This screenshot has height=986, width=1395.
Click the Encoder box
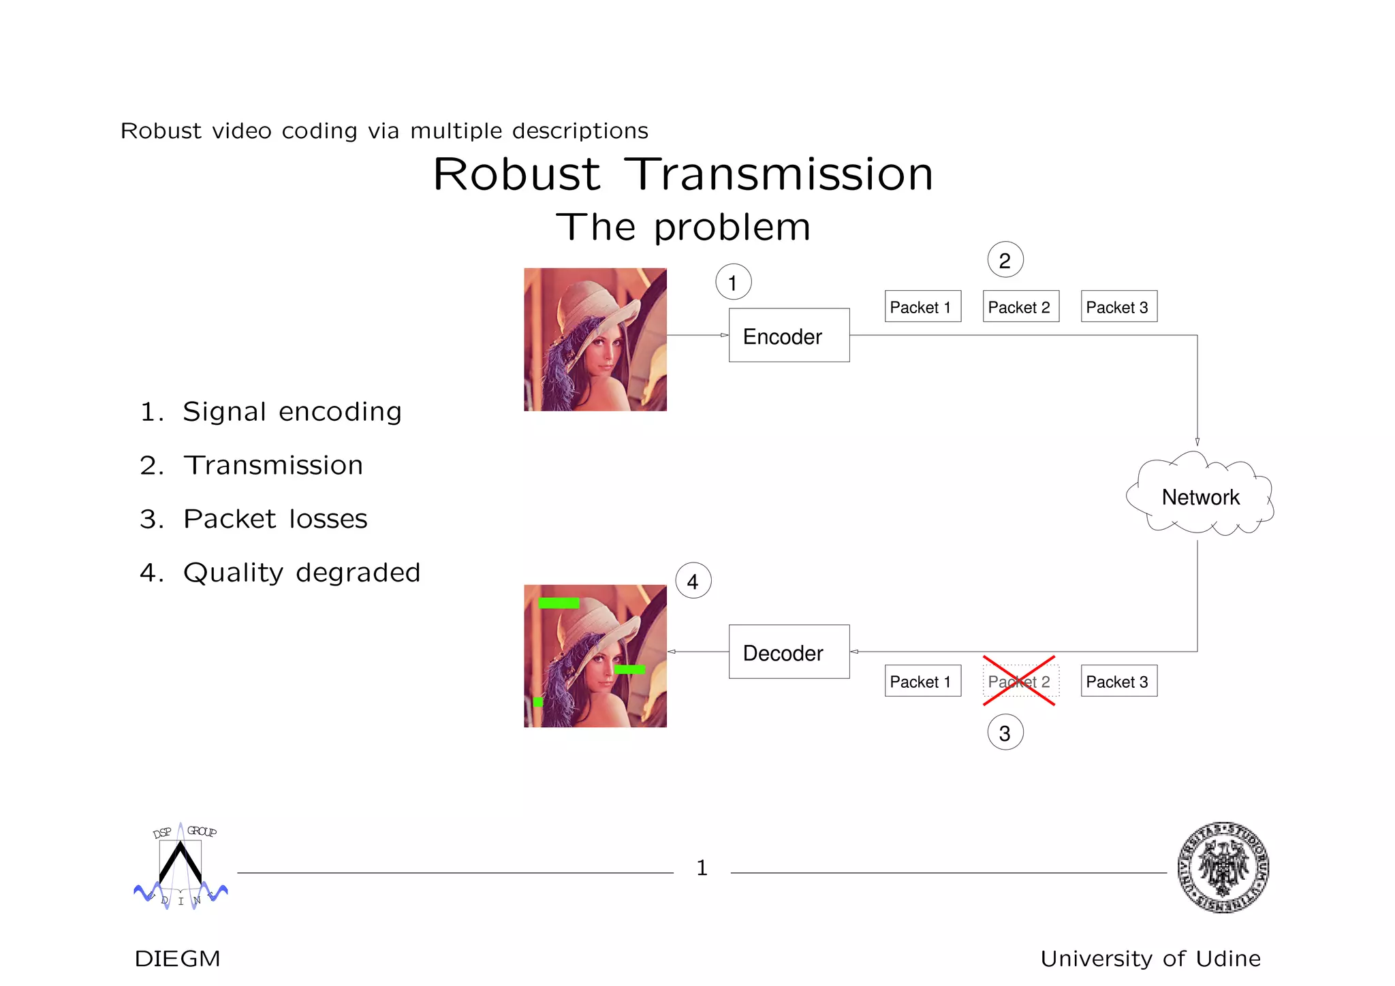pos(789,335)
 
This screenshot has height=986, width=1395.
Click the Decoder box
pos(789,652)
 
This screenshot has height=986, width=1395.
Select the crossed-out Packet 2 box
pos(1020,681)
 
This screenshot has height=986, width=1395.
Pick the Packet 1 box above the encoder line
pos(922,306)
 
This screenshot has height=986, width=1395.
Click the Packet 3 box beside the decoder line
pos(1118,681)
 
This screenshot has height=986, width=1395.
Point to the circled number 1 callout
pos(733,282)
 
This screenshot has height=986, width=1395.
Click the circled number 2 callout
pos(1005,260)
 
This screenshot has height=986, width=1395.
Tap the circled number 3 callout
pos(1005,733)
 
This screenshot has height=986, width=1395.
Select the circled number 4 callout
pos(693,581)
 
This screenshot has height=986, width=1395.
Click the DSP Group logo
pos(181,866)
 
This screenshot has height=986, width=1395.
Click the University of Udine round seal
pos(1223,867)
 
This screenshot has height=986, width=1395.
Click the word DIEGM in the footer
pos(177,959)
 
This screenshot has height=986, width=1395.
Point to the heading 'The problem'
pos(683,227)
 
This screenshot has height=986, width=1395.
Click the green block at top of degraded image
pos(559,603)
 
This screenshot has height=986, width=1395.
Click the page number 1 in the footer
pos(702,868)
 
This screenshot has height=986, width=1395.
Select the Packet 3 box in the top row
pos(1118,306)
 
